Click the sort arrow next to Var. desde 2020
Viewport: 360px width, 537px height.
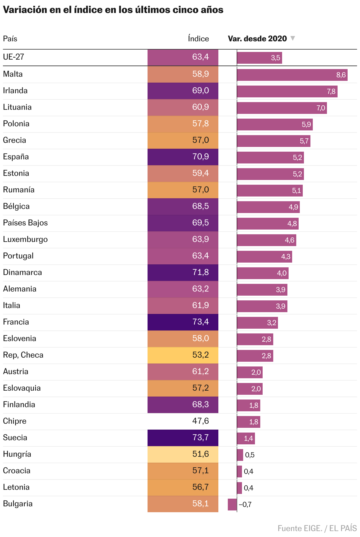pyautogui.click(x=292, y=38)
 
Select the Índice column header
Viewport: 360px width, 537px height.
pyautogui.click(x=198, y=39)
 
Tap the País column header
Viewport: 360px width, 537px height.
pyautogui.click(x=10, y=39)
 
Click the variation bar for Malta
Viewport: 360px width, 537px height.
pyautogui.click(x=292, y=75)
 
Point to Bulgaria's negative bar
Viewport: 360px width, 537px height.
pyautogui.click(x=232, y=505)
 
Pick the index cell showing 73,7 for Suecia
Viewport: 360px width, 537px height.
pyautogui.click(x=183, y=438)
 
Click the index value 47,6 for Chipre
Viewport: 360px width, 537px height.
pyautogui.click(x=200, y=421)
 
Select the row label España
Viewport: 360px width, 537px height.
pyautogui.click(x=16, y=157)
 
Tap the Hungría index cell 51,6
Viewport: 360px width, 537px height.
pyautogui.click(x=183, y=454)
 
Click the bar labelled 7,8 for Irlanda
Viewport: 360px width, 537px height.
pyautogui.click(x=287, y=91)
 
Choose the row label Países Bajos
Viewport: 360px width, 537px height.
pyautogui.click(x=25, y=223)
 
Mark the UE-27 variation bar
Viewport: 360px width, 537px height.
pyautogui.click(x=259, y=58)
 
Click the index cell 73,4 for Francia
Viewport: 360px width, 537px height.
pyautogui.click(x=183, y=322)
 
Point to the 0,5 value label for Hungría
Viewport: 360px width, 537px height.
pyautogui.click(x=250, y=455)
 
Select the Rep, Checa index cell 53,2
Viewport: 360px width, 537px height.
pyautogui.click(x=183, y=355)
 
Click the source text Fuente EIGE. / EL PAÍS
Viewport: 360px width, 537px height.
pyautogui.click(x=317, y=528)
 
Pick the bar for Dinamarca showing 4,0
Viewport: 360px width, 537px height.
pyautogui.click(x=263, y=273)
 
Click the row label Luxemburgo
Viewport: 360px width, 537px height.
pyautogui.click(x=25, y=239)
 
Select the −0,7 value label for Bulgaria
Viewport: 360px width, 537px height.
pyautogui.click(x=245, y=505)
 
